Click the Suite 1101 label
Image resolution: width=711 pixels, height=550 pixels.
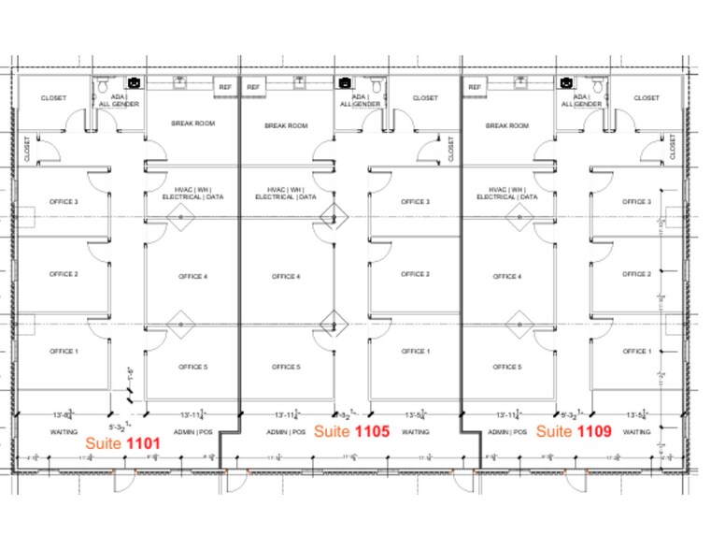(123, 442)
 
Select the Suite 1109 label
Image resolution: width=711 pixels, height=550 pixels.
(574, 431)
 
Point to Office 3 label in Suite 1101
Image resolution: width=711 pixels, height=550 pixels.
(64, 201)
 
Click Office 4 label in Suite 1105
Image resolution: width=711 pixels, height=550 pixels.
(285, 276)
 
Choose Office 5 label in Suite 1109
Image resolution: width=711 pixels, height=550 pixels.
(506, 367)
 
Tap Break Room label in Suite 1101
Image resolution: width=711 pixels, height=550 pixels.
(192, 123)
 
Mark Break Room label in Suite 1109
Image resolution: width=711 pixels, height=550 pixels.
(506, 125)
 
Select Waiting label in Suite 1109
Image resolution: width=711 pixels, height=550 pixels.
(636, 432)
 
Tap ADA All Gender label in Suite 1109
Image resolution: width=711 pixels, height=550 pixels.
(587, 100)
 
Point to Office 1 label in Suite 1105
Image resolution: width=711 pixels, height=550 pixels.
(415, 351)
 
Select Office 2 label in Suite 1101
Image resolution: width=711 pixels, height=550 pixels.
(64, 274)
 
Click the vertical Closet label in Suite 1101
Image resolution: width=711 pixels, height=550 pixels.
(26, 148)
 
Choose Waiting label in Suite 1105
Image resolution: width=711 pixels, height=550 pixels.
(415, 432)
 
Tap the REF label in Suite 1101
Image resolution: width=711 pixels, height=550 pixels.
(225, 87)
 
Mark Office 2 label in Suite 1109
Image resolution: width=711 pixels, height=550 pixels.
(636, 274)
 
